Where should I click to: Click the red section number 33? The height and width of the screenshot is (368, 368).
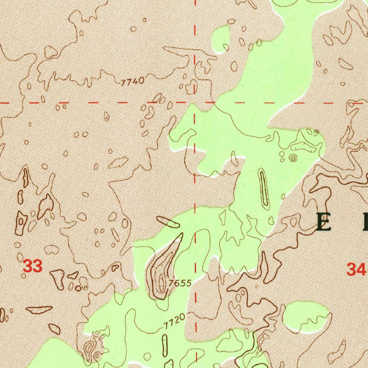pos(33,267)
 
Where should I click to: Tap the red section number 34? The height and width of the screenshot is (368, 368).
pos(356,269)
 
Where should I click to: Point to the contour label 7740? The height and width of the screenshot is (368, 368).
pos(132,82)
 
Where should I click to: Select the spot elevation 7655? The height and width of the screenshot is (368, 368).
pos(179,283)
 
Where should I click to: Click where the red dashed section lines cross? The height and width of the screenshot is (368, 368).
pos(195,103)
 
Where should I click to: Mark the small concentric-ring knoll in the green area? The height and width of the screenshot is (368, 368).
pos(293,157)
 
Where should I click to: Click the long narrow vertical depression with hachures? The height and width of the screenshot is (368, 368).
pos(264,189)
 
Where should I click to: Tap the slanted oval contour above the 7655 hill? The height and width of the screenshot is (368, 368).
pos(168,222)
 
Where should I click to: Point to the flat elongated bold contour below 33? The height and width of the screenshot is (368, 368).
pos(39,309)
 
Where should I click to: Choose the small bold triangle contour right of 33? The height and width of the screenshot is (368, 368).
pos(73,276)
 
